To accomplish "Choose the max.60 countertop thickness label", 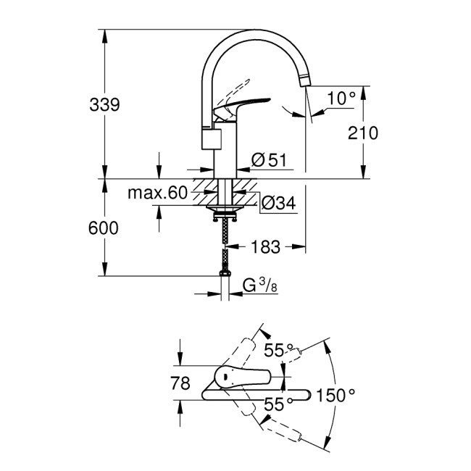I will (157, 193).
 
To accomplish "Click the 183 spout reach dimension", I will (266, 247).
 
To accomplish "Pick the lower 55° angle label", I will (274, 406).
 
